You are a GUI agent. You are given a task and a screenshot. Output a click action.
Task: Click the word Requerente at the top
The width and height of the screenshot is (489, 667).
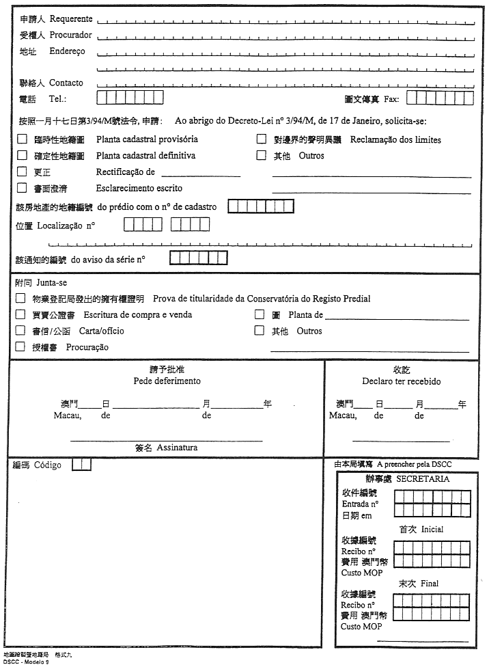pos(71,19)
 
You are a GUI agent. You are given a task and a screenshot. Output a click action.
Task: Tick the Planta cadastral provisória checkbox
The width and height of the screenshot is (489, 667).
pos(22,139)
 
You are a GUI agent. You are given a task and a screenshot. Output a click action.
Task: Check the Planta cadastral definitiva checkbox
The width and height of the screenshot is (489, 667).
pos(22,155)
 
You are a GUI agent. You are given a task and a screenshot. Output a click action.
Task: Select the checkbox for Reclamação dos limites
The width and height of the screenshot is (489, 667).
pos(261,139)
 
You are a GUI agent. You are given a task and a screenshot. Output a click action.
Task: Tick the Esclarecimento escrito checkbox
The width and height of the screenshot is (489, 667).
pos(22,188)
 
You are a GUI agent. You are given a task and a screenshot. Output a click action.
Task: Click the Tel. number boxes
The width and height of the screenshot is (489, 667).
pos(130,98)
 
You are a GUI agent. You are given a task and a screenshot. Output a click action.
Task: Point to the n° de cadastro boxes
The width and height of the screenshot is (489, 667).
pos(260,206)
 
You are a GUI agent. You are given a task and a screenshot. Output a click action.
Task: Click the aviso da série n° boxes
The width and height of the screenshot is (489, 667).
pos(198,258)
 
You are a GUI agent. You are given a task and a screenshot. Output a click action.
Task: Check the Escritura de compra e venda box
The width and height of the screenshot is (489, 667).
pos(20,314)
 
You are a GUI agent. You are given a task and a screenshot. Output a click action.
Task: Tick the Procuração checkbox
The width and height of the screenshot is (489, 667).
pos(20,346)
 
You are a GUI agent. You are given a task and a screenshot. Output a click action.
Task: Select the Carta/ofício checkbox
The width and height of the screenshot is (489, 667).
pos(20,331)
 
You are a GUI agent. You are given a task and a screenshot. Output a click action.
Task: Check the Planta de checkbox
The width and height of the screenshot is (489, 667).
pos(260,314)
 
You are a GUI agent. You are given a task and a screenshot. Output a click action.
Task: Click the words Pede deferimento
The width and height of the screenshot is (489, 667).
pos(167,381)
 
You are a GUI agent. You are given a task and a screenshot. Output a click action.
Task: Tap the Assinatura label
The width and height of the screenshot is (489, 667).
pos(177,448)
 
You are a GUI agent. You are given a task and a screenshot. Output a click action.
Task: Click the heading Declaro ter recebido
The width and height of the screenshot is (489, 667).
pos(402,381)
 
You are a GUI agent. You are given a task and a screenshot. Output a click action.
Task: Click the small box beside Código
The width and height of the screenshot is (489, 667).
pos(81,465)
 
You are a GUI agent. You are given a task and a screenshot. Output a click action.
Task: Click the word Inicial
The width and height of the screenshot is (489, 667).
pos(432,529)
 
